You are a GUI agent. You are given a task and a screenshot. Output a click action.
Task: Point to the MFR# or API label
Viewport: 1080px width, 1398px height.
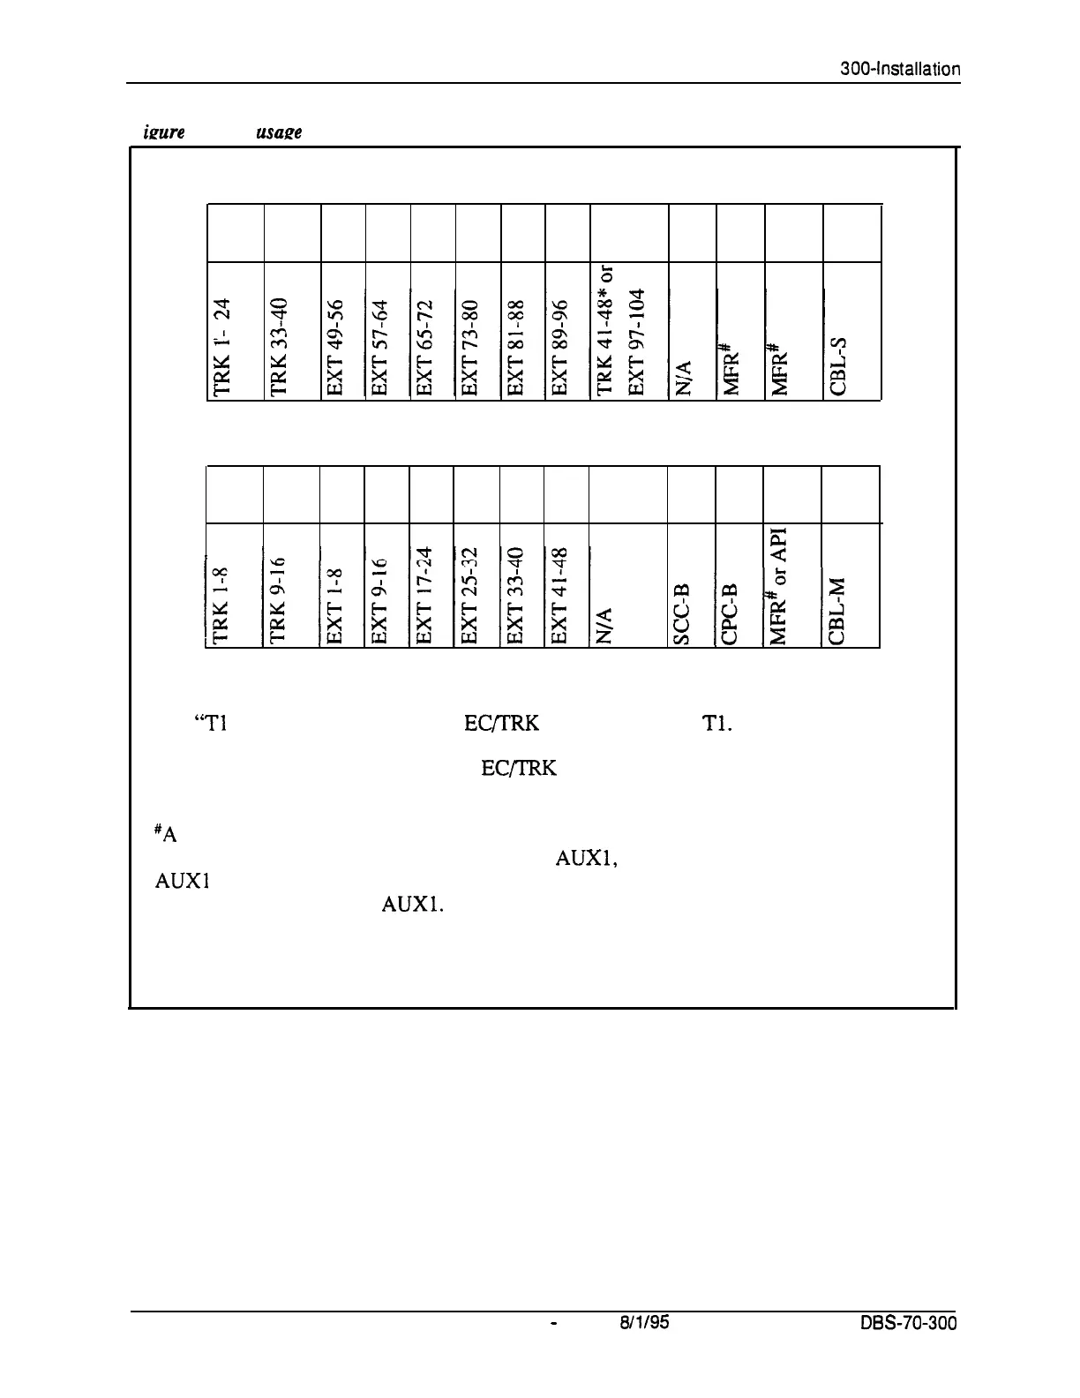pos(780,583)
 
